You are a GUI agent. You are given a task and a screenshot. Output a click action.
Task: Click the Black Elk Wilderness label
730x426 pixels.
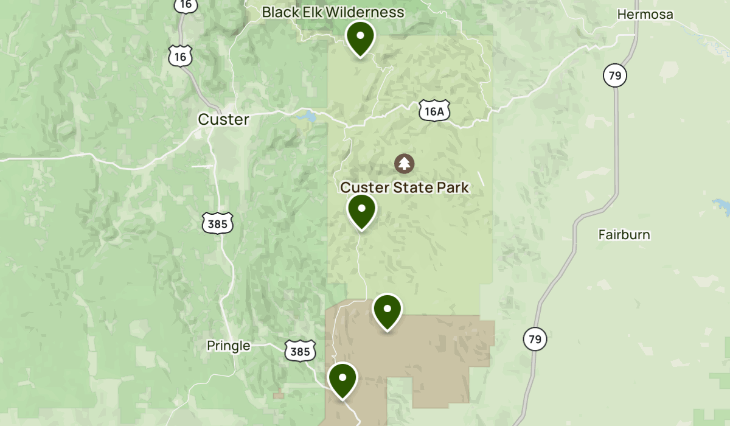pos(333,12)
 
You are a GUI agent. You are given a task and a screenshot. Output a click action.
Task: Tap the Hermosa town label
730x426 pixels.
pos(645,14)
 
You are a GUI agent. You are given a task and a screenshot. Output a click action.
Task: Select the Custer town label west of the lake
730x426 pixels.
pos(223,119)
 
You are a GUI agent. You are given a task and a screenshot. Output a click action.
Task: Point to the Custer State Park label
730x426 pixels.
pos(405,187)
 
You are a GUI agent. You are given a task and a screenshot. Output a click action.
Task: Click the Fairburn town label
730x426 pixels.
pos(624,234)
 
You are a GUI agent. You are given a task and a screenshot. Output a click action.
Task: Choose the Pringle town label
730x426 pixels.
pos(228,346)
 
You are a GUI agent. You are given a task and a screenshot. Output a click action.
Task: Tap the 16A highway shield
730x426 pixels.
pos(434,110)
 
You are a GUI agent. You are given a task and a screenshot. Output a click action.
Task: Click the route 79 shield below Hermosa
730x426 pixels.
pos(616,75)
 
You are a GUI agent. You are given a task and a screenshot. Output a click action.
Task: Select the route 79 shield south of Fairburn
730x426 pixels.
pos(535,339)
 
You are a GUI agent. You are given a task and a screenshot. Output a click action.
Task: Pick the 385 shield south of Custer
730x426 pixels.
pos(217,224)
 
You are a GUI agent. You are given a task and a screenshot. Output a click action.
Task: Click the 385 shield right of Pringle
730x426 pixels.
pos(301,351)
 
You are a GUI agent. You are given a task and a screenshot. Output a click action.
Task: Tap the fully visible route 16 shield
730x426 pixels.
pos(180,57)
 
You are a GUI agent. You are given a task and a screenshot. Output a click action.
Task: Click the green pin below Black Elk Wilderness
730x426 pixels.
pos(360,38)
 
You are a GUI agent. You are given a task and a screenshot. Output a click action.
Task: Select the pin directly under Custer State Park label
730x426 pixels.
pos(362,211)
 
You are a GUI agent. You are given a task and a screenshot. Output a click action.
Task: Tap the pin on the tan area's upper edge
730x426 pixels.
pos(387,310)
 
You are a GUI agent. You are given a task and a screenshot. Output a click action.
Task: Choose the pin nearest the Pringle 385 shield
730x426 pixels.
pos(342,379)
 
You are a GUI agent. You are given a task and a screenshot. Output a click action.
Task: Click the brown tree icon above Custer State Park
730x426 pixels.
pos(404,163)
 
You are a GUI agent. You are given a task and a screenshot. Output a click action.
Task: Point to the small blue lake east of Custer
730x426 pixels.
pos(306,116)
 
